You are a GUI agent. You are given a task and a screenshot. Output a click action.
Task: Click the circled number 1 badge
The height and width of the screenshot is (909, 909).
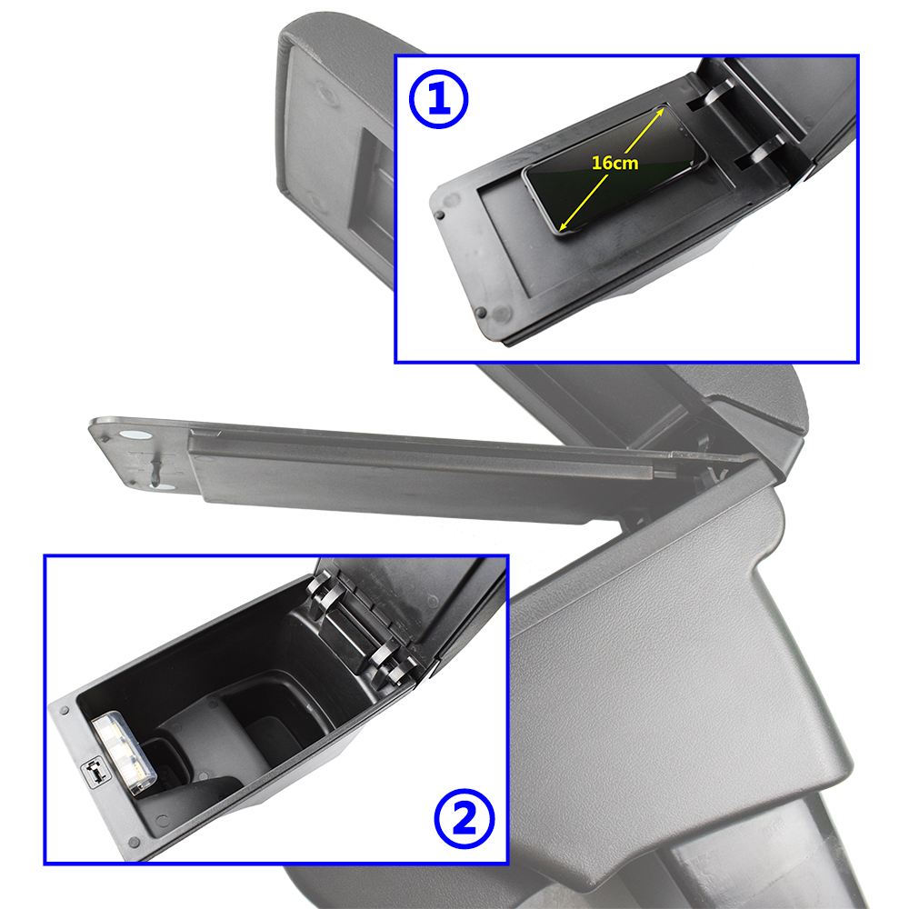tap(438, 99)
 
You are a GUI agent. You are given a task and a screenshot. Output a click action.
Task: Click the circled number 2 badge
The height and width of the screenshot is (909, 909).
tap(464, 819)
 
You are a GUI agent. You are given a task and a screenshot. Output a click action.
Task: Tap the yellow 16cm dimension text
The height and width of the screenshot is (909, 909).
tap(614, 163)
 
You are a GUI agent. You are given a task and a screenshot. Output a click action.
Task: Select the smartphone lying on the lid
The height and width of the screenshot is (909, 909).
tap(614, 170)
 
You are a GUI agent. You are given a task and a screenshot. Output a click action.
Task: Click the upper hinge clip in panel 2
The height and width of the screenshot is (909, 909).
tap(325, 588)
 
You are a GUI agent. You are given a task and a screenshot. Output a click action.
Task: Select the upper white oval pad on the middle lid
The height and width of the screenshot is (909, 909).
tap(134, 435)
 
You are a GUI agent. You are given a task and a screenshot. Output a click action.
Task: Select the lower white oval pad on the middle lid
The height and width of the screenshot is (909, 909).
tap(163, 486)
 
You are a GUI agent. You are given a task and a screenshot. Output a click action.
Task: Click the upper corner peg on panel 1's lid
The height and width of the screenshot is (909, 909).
tap(440, 215)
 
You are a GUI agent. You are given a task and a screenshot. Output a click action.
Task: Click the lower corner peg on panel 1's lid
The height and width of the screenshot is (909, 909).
tap(481, 312)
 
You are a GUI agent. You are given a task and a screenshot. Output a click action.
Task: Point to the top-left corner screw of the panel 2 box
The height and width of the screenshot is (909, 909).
tap(65, 710)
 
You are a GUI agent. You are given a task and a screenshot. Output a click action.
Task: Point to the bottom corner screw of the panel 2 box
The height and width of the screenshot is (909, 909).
tap(134, 841)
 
